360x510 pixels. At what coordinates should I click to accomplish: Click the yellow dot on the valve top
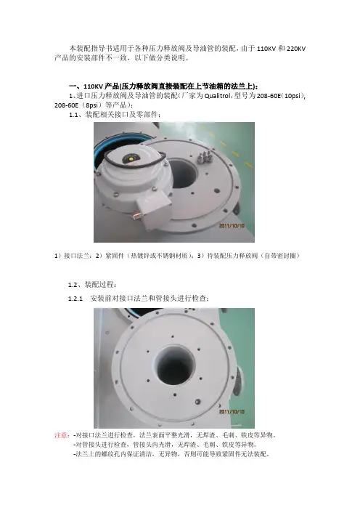pos(131,158)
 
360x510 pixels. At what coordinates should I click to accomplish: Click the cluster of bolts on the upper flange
pos(205,157)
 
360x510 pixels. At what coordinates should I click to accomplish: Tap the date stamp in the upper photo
pos(232,225)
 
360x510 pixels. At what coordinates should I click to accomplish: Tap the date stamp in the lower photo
pos(232,411)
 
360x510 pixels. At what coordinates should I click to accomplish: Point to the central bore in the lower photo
pos(174,365)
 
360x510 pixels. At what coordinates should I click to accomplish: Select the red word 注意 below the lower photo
pos(61,435)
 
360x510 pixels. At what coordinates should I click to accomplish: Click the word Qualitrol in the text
pos(218,96)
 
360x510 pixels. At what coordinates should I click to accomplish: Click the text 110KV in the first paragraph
pos(266,49)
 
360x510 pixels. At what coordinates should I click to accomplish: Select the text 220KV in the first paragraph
pos(296,49)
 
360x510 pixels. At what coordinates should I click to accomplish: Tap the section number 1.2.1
pos(75,299)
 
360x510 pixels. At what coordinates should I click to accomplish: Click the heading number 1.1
pos(75,115)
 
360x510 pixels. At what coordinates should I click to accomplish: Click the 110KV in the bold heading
pos(93,86)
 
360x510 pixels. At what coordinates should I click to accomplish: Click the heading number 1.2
pos(73,285)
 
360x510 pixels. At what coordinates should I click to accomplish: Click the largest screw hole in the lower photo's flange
pos(197,402)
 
